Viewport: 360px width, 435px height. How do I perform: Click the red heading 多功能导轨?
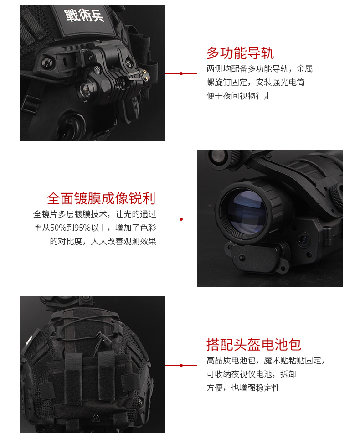pos(240,53)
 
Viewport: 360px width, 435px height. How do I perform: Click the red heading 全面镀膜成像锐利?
pos(101,198)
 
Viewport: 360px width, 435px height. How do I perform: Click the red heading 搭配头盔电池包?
pos(253,345)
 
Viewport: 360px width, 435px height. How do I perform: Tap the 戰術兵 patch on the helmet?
pos(84,16)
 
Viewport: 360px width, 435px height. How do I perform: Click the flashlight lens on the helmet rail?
pos(85,89)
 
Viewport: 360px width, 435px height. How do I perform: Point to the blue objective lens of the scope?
pos(246,211)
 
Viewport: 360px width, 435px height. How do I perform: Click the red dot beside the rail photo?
pos(181,73)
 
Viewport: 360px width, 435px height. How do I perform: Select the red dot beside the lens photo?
pos(181,219)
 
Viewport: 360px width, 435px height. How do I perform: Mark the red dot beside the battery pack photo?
pos(181,365)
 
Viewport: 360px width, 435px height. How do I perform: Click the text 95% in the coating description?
pos(82,228)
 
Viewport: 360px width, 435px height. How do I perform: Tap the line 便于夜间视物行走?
pos(239,96)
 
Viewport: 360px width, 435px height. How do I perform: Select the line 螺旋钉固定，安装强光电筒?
pos(256,83)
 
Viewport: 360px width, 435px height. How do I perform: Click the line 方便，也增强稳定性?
pos(243,388)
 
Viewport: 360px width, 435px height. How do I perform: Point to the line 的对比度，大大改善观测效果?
pos(103,241)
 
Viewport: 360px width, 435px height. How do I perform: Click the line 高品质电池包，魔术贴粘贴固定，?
pos(265,360)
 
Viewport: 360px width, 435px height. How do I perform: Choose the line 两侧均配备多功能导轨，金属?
pos(260,68)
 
